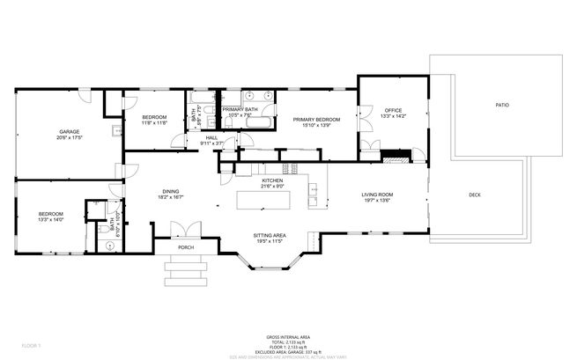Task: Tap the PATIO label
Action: click(x=501, y=105)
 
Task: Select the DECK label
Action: click(x=474, y=195)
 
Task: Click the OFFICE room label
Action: click(x=393, y=110)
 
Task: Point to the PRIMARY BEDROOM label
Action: click(x=316, y=119)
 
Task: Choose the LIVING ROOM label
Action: click(x=377, y=195)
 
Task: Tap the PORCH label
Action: click(x=186, y=247)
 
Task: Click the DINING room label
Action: click(x=170, y=192)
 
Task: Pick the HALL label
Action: click(x=211, y=138)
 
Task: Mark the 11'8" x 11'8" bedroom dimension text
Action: click(x=155, y=123)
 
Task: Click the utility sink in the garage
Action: click(x=116, y=132)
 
